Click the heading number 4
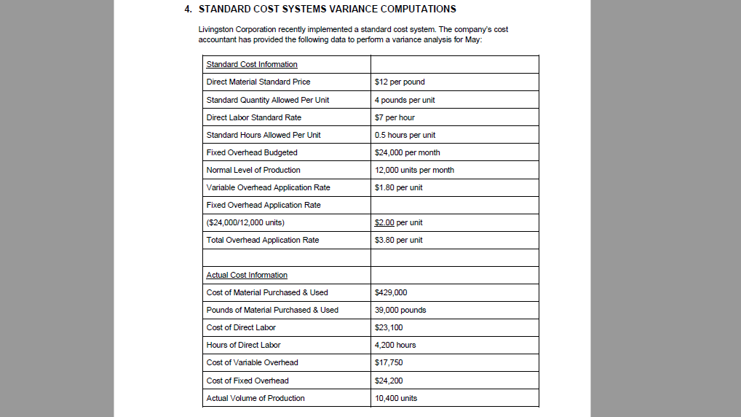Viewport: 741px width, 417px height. point(188,9)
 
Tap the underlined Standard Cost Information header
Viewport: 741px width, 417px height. point(252,64)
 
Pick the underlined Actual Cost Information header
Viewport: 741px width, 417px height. point(247,275)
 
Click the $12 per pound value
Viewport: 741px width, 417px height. point(400,82)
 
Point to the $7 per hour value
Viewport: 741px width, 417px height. point(395,117)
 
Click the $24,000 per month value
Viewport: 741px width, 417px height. point(407,152)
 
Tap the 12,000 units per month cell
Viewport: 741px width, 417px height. point(414,170)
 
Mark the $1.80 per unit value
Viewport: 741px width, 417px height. point(398,187)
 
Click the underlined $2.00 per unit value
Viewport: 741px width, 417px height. point(398,222)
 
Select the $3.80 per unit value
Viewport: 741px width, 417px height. point(398,240)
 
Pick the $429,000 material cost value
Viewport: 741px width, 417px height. point(391,292)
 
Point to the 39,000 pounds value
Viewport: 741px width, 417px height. point(400,310)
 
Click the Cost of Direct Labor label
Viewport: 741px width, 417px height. point(241,327)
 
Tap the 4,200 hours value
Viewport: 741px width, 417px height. point(395,345)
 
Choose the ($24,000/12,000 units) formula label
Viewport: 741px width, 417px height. point(245,222)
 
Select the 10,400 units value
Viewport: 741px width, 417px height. point(396,398)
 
